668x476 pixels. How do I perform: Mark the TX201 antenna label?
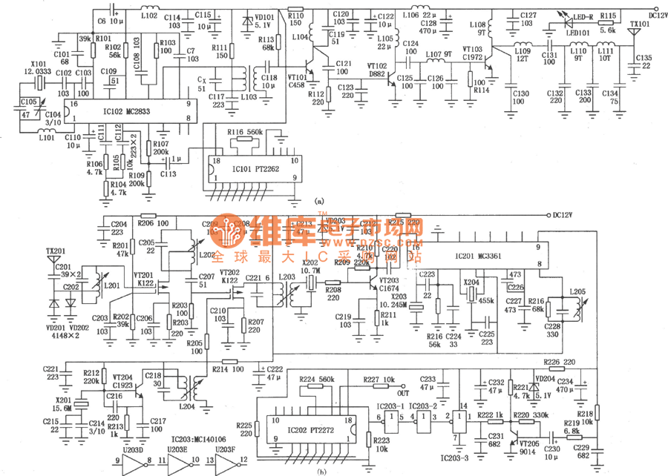[x=55, y=250]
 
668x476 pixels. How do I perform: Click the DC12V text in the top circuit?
[x=654, y=14]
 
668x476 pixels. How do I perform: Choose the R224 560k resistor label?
[x=317, y=379]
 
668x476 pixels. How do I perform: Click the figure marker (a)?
[x=319, y=200]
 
